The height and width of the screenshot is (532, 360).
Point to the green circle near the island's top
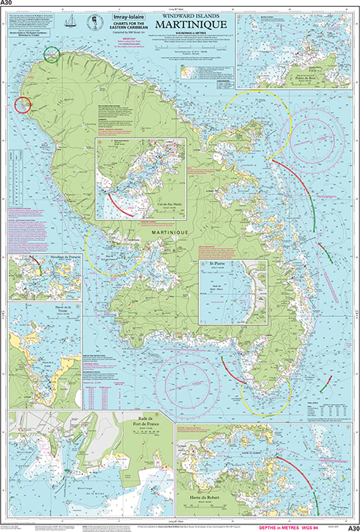(x=52, y=53)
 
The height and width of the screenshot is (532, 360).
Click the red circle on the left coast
(x=22, y=105)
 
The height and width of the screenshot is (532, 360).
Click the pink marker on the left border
(x=7, y=106)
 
